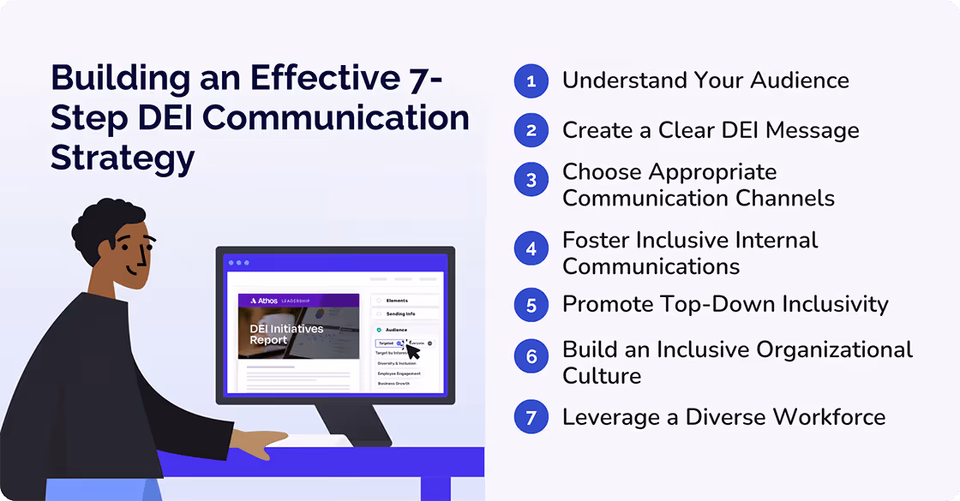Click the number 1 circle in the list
pyautogui.click(x=531, y=81)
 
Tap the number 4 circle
pyautogui.click(x=531, y=249)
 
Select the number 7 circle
pyautogui.click(x=531, y=418)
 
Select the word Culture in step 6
pyautogui.click(x=602, y=376)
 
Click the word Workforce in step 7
pyautogui.click(x=829, y=417)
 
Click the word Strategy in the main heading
pyautogui.click(x=123, y=157)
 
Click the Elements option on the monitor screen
pyautogui.click(x=397, y=301)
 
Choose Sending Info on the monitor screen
pyautogui.click(x=399, y=314)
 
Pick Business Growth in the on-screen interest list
pyautogui.click(x=394, y=383)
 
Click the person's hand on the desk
pyautogui.click(x=257, y=444)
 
